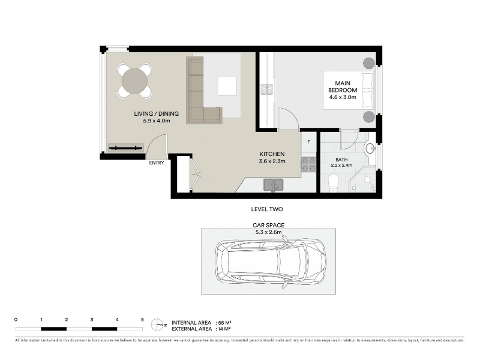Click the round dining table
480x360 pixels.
click(134, 81)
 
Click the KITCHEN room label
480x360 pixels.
click(272, 154)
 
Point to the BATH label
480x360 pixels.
click(341, 160)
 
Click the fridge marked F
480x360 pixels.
click(308, 142)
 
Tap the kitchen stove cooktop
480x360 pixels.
click(308, 164)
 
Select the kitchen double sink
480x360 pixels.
click(274, 185)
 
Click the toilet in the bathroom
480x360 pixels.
click(333, 183)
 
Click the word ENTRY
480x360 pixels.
click(157, 163)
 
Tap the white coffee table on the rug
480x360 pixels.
click(227, 86)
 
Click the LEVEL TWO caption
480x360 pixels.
click(267, 209)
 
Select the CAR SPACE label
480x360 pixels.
click(268, 225)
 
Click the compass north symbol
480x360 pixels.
click(157, 325)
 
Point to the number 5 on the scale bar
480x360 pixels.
click(142, 320)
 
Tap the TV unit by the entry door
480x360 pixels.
click(126, 148)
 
